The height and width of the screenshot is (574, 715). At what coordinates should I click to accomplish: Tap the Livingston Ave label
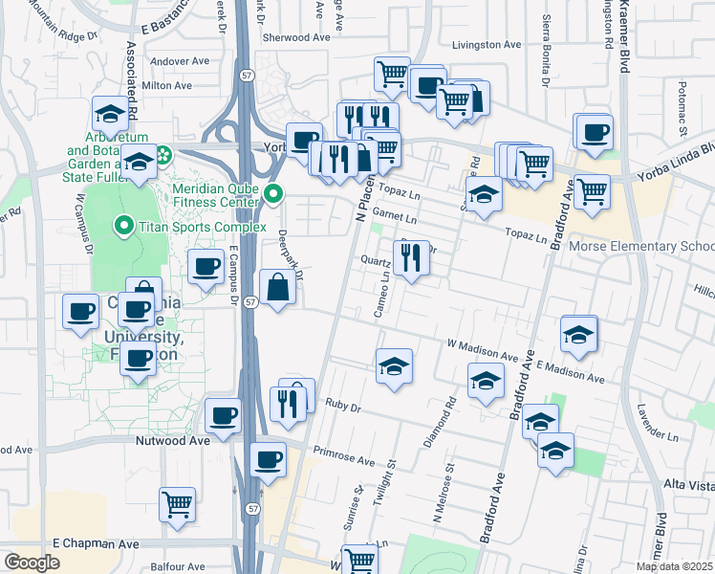(x=487, y=44)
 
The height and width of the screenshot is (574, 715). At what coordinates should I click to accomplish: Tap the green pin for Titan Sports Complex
(x=123, y=226)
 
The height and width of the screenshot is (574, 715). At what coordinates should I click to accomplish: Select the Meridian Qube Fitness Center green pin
(x=273, y=194)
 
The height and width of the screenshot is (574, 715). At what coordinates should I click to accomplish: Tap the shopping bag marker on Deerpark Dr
(x=277, y=287)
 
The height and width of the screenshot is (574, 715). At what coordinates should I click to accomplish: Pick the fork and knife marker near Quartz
(x=411, y=257)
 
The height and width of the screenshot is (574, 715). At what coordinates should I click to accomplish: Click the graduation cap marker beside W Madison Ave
(x=394, y=366)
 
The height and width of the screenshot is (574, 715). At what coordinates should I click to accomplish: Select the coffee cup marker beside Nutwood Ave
(x=223, y=415)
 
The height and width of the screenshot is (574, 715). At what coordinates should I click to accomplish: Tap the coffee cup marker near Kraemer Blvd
(x=594, y=132)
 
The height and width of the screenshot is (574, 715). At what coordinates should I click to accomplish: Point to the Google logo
(x=32, y=563)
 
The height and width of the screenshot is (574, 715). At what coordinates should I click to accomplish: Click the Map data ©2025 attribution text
(x=673, y=566)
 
